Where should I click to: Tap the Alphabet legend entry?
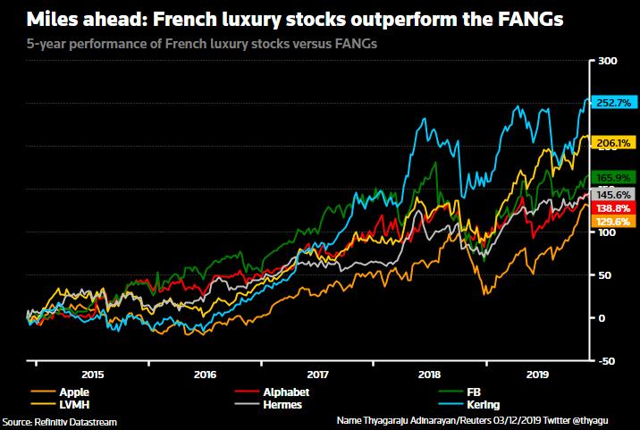point(284,392)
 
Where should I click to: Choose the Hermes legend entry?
point(281,404)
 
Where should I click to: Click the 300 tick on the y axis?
point(608,61)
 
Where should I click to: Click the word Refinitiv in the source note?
point(56,421)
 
